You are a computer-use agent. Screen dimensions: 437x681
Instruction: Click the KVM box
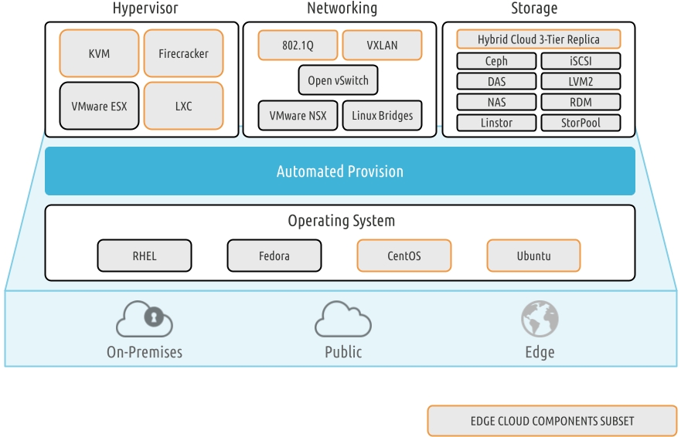[x=100, y=54]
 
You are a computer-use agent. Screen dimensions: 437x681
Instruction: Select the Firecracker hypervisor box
[x=183, y=54]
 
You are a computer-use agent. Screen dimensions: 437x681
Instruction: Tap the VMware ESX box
[x=100, y=106]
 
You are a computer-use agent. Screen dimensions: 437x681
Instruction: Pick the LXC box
[x=183, y=106]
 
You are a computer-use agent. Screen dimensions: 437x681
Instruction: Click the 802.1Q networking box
[x=298, y=46]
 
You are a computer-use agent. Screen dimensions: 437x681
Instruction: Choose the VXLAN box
[x=382, y=46]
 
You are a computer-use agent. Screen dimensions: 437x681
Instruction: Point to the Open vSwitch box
[x=339, y=80]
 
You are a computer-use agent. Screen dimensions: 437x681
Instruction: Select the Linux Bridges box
[x=382, y=116]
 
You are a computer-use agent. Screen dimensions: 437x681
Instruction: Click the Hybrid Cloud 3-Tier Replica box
[x=538, y=39]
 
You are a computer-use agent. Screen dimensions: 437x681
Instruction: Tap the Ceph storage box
[x=496, y=61]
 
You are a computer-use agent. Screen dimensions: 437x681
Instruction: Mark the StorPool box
[x=581, y=122]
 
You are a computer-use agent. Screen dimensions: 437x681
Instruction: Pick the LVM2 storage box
[x=581, y=81]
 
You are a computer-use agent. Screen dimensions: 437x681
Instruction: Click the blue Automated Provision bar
[x=340, y=171]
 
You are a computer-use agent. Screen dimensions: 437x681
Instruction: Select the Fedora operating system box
[x=274, y=256]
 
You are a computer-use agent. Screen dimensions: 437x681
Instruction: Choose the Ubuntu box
[x=533, y=256]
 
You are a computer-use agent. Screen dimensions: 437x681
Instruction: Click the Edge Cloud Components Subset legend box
[x=552, y=421]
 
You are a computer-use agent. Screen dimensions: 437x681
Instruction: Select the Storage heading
[x=534, y=9]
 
